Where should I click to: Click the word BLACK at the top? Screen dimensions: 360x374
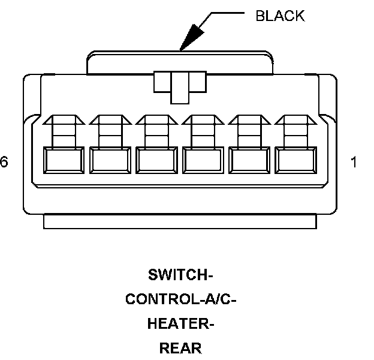tap(280, 16)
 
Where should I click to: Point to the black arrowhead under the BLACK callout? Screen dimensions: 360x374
tap(190, 38)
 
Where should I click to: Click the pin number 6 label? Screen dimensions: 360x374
tap(4, 162)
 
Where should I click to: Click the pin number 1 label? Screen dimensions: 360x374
tap(354, 162)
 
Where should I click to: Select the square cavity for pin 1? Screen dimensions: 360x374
tap(296, 161)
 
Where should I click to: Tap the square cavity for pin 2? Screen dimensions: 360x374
tap(250, 161)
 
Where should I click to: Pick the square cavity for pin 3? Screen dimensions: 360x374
tap(203, 161)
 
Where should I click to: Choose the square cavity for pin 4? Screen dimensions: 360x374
tap(156, 161)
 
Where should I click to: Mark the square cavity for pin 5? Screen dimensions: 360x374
tap(110, 161)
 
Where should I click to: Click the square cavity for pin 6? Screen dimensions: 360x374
tap(64, 161)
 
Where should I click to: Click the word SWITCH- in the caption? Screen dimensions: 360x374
tap(180, 275)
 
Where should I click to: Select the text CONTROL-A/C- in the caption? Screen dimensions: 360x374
tap(180, 299)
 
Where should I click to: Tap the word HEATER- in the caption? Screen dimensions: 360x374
tap(180, 324)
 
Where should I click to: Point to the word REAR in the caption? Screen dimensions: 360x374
tap(180, 348)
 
